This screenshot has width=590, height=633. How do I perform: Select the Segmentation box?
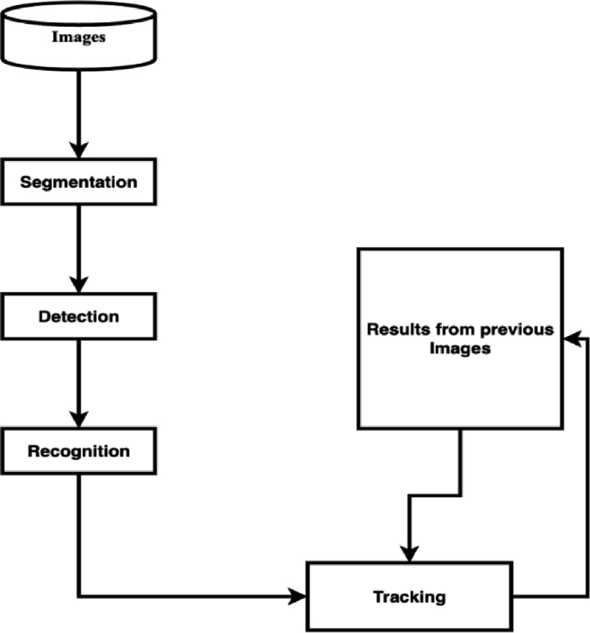coord(78,183)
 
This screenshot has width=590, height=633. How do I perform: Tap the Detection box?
coord(78,316)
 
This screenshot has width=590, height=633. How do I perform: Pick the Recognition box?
coord(78,451)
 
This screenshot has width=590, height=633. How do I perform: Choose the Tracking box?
coord(409,596)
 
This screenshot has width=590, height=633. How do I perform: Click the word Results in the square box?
coord(394,330)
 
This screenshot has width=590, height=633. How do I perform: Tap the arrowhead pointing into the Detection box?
coord(78,286)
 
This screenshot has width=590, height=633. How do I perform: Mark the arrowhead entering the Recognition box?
coord(78,421)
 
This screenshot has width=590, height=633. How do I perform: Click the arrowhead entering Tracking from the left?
coord(300,596)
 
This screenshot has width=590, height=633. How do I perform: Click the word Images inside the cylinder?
coord(78,37)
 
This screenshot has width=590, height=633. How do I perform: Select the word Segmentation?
coord(78,183)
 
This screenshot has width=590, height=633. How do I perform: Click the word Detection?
coord(78,316)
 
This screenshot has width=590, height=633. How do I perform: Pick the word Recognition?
coord(78,451)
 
